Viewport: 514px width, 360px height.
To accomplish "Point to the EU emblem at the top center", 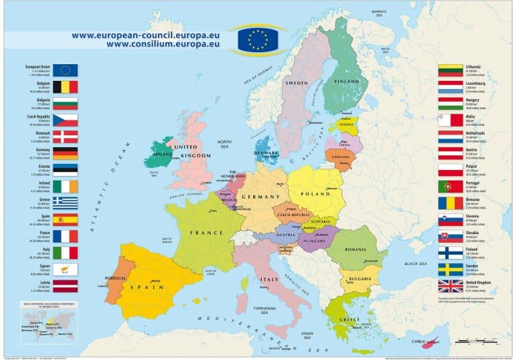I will coord(257,39).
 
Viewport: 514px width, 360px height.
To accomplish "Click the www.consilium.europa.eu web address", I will coord(163,45).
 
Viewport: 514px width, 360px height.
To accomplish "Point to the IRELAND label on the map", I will coord(163,153).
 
